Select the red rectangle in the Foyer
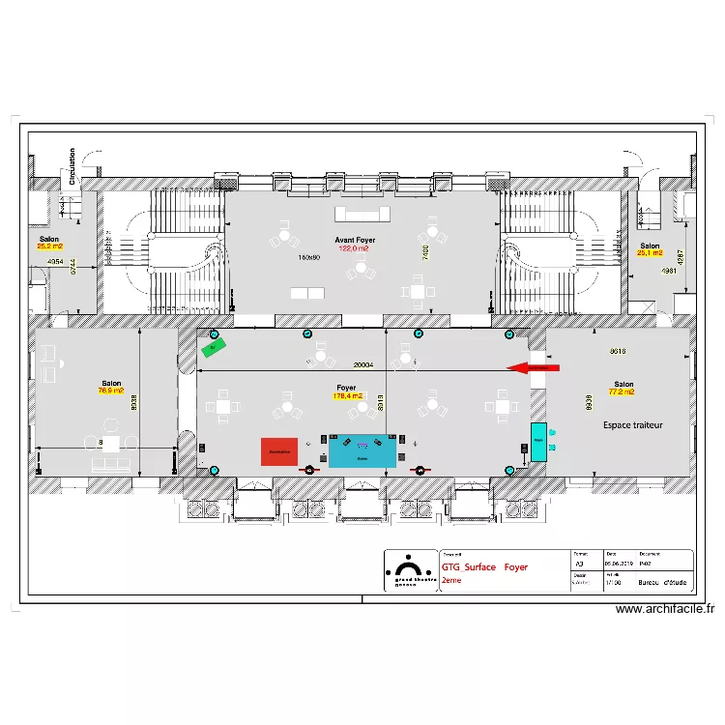pyautogui.click(x=279, y=451)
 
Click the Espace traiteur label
pyautogui.click(x=633, y=424)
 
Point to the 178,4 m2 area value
pyautogui.click(x=346, y=395)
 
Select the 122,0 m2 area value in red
pyautogui.click(x=354, y=248)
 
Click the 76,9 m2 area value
pyautogui.click(x=110, y=391)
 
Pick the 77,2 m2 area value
pyautogui.click(x=622, y=392)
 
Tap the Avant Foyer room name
pyautogui.click(x=355, y=240)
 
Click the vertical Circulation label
pyautogui.click(x=72, y=166)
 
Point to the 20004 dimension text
pyautogui.click(x=363, y=365)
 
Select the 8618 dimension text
pyautogui.click(x=619, y=351)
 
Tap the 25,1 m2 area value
pyautogui.click(x=649, y=253)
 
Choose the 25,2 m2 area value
pyautogui.click(x=48, y=246)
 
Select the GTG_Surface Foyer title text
pyautogui.click(x=484, y=567)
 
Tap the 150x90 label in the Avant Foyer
pyautogui.click(x=308, y=257)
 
